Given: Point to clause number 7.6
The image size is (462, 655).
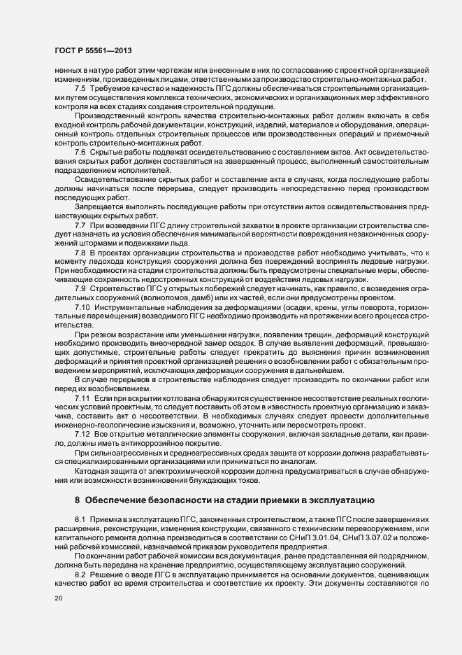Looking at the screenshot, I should click(80, 152).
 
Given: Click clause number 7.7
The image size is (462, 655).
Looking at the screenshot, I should click(80, 225).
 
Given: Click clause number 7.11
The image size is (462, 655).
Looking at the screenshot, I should click(82, 397).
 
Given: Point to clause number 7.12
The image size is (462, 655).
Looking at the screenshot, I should click(82, 434).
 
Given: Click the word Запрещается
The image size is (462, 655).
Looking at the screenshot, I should click(97, 206).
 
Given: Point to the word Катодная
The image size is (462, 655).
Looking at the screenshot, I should click(93, 470).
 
